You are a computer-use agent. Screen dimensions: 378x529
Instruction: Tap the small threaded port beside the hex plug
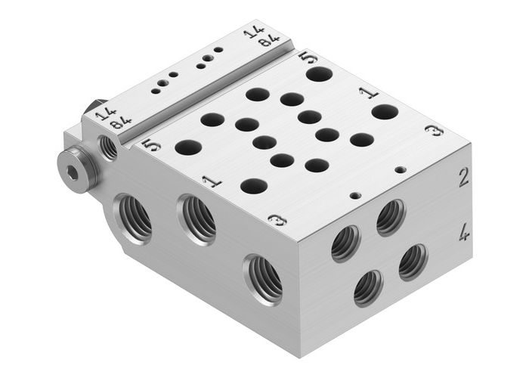click(109, 147)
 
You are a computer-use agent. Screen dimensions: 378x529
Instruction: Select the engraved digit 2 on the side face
click(463, 178)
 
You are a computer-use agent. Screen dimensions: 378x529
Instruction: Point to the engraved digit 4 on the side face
click(463, 233)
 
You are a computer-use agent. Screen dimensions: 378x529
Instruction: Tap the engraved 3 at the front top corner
click(277, 220)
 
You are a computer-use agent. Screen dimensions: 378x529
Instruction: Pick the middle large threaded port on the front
click(197, 220)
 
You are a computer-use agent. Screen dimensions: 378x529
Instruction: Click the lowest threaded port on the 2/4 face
click(368, 288)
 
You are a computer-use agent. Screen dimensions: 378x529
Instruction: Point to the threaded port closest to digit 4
click(413, 262)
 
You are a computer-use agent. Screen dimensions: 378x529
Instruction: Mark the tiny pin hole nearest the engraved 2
click(401, 169)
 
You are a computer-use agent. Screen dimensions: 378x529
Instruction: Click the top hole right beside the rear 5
click(319, 74)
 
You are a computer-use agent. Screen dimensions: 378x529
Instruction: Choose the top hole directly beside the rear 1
click(385, 112)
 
